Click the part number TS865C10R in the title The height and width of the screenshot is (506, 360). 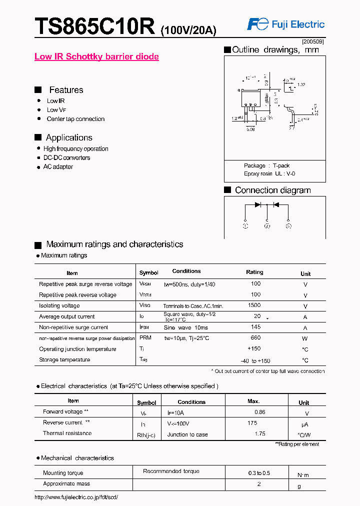pyautogui.click(x=95, y=26)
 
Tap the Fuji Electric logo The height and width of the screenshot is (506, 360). pyautogui.click(x=286, y=24)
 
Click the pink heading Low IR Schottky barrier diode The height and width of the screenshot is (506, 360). pyautogui.click(x=96, y=56)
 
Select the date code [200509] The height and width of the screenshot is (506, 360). pyautogui.click(x=313, y=41)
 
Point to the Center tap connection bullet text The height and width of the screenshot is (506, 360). pyautogui.click(x=75, y=119)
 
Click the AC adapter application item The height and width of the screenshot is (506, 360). pyautogui.click(x=58, y=166)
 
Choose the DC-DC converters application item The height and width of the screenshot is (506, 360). pyautogui.click(x=66, y=157)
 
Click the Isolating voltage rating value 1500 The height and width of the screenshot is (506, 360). pyautogui.click(x=254, y=305)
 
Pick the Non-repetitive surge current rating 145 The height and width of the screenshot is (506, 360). pyautogui.click(x=256, y=327)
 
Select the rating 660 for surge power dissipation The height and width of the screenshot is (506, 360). pyautogui.click(x=256, y=338)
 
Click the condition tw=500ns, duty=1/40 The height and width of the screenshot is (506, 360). pyautogui.click(x=189, y=284)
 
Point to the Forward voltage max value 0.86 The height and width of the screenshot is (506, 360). pyautogui.click(x=259, y=412)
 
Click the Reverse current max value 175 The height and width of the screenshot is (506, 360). pyautogui.click(x=252, y=423)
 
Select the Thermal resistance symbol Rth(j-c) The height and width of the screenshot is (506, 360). pyautogui.click(x=146, y=435)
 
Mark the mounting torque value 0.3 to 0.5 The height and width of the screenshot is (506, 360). pyautogui.click(x=259, y=472)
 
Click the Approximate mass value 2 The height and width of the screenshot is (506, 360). pyautogui.click(x=259, y=483)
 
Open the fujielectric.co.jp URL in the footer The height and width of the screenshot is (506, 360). pyautogui.click(x=76, y=497)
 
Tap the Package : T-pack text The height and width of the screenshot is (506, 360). pyautogui.click(x=266, y=165)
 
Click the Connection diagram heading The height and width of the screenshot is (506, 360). pyautogui.click(x=272, y=190)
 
